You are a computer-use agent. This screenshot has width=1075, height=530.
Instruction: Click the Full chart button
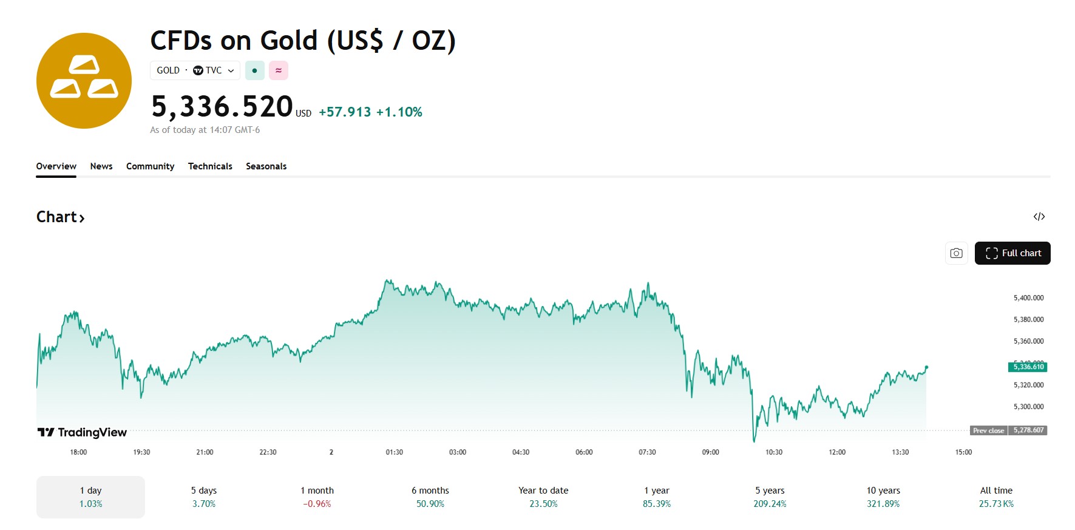point(1012,253)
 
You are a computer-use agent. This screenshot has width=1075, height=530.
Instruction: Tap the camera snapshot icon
point(956,253)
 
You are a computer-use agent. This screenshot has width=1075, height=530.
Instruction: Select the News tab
point(101,166)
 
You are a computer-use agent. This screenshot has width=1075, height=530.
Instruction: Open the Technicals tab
point(210,166)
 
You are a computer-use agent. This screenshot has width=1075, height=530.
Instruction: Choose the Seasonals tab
point(266,166)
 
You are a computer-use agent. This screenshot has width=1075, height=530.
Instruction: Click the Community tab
point(150,166)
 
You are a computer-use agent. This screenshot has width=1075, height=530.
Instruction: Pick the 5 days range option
point(204,497)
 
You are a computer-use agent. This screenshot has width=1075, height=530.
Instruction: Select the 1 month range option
point(317,497)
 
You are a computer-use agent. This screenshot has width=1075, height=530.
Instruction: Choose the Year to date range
point(543,497)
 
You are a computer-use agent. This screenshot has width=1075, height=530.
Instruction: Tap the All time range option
point(996,497)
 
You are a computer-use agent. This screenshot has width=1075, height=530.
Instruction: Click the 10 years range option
point(883,497)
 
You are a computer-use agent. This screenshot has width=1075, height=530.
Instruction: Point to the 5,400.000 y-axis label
point(1028,298)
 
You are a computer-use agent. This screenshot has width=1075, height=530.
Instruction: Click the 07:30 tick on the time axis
point(647,452)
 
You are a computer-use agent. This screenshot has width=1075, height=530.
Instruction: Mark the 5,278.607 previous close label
point(1028,430)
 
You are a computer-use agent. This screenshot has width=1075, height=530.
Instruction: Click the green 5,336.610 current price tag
point(1028,367)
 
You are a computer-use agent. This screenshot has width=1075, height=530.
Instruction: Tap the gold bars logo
point(84,81)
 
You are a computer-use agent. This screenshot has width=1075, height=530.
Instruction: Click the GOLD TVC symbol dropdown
point(195,70)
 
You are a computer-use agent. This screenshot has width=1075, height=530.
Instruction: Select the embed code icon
point(1039,217)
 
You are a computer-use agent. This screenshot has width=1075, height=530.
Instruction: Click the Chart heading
point(60,217)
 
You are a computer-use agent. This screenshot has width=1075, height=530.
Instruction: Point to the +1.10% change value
point(399,112)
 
